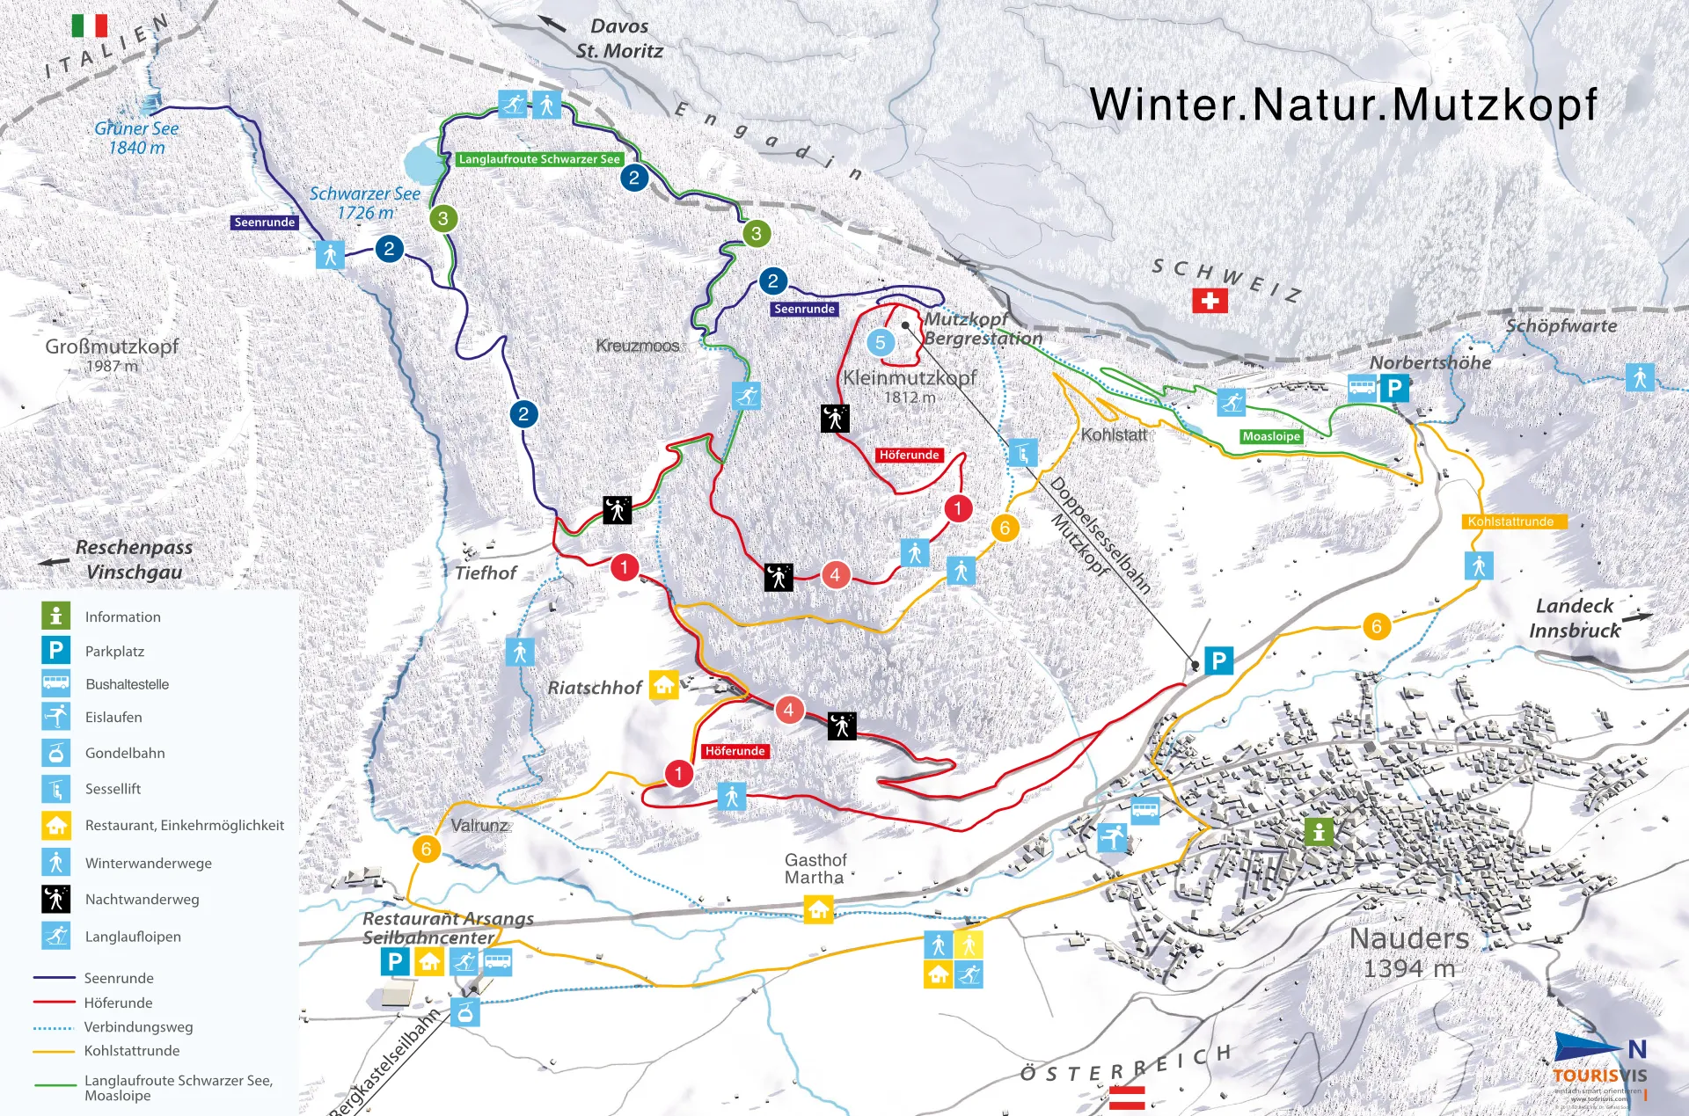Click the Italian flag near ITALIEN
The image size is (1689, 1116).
[x=89, y=26]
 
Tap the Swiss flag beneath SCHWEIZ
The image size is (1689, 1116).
[x=1210, y=301]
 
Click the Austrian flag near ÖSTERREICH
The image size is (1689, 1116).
[x=1127, y=1097]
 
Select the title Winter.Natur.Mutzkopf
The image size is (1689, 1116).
[x=1342, y=105]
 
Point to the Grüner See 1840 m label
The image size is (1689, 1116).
[x=136, y=138]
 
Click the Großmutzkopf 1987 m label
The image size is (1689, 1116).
[x=112, y=354]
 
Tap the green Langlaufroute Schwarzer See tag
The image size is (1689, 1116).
[x=539, y=159]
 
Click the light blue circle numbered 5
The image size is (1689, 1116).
[x=881, y=343]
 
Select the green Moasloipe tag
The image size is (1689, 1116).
[x=1271, y=436]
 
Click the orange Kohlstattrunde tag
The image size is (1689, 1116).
[x=1510, y=522]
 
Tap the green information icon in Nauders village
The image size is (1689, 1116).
[x=1318, y=831]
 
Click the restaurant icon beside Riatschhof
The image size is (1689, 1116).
[x=664, y=684]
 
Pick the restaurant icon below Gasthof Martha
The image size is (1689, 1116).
[x=818, y=909]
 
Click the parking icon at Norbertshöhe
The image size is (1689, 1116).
[x=1394, y=388]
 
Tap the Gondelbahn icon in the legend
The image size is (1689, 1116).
[x=56, y=753]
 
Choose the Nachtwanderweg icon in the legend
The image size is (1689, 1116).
[x=56, y=899]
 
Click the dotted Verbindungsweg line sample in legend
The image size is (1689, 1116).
[x=53, y=1027]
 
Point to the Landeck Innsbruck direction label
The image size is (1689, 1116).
[x=1575, y=618]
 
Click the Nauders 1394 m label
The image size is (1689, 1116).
[x=1408, y=952]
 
